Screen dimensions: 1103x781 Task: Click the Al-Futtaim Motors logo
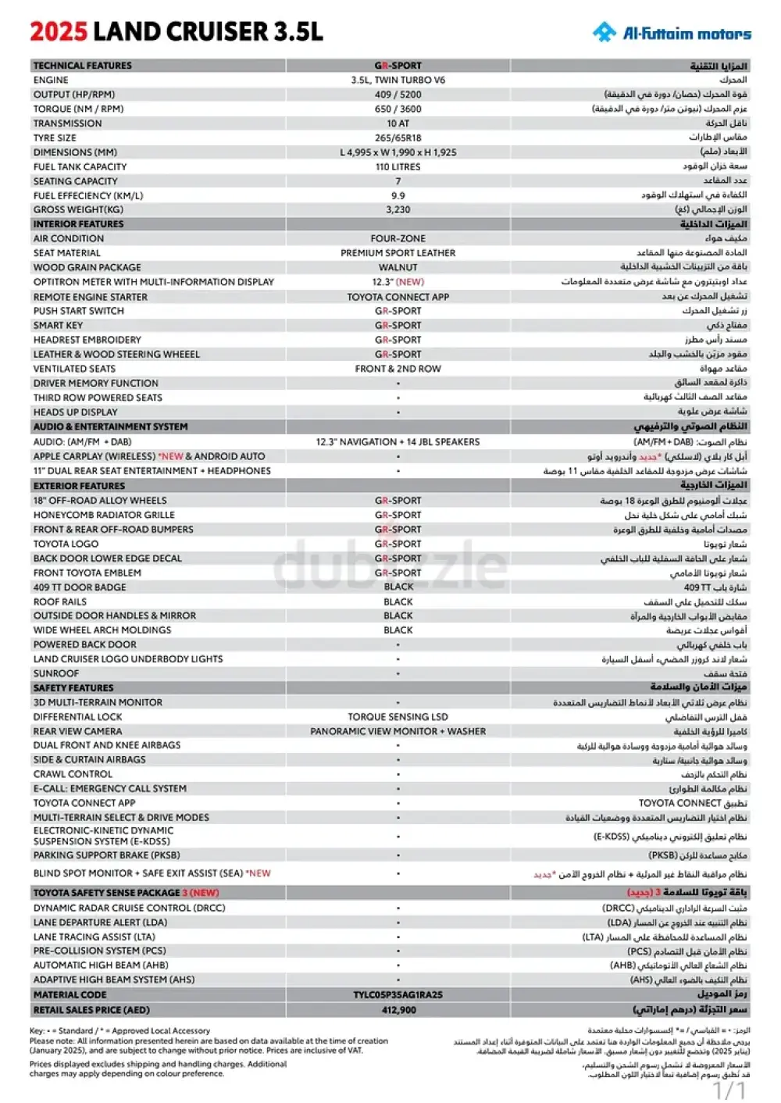[672, 33]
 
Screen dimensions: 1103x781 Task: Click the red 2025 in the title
[59, 32]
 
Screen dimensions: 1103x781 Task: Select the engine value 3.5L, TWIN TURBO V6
[398, 80]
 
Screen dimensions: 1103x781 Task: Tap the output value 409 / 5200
[398, 95]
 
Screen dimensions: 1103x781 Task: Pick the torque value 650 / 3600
[398, 109]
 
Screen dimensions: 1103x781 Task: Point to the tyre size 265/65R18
[398, 138]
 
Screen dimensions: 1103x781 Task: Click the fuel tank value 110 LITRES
[398, 167]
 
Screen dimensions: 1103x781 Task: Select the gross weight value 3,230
[398, 210]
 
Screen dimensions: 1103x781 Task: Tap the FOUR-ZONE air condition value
[398, 239]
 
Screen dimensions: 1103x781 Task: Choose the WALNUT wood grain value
[398, 268]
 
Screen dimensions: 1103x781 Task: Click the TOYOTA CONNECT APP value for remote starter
[398, 297]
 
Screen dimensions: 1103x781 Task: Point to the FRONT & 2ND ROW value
[398, 369]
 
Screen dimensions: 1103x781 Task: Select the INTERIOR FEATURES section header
[78, 224]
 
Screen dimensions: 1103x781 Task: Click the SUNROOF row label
[56, 673]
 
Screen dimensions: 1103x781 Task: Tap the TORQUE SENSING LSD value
[398, 717]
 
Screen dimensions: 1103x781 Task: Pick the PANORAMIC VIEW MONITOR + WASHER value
[398, 732]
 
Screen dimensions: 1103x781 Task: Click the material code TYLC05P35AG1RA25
[398, 995]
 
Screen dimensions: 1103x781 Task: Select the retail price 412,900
[398, 1010]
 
